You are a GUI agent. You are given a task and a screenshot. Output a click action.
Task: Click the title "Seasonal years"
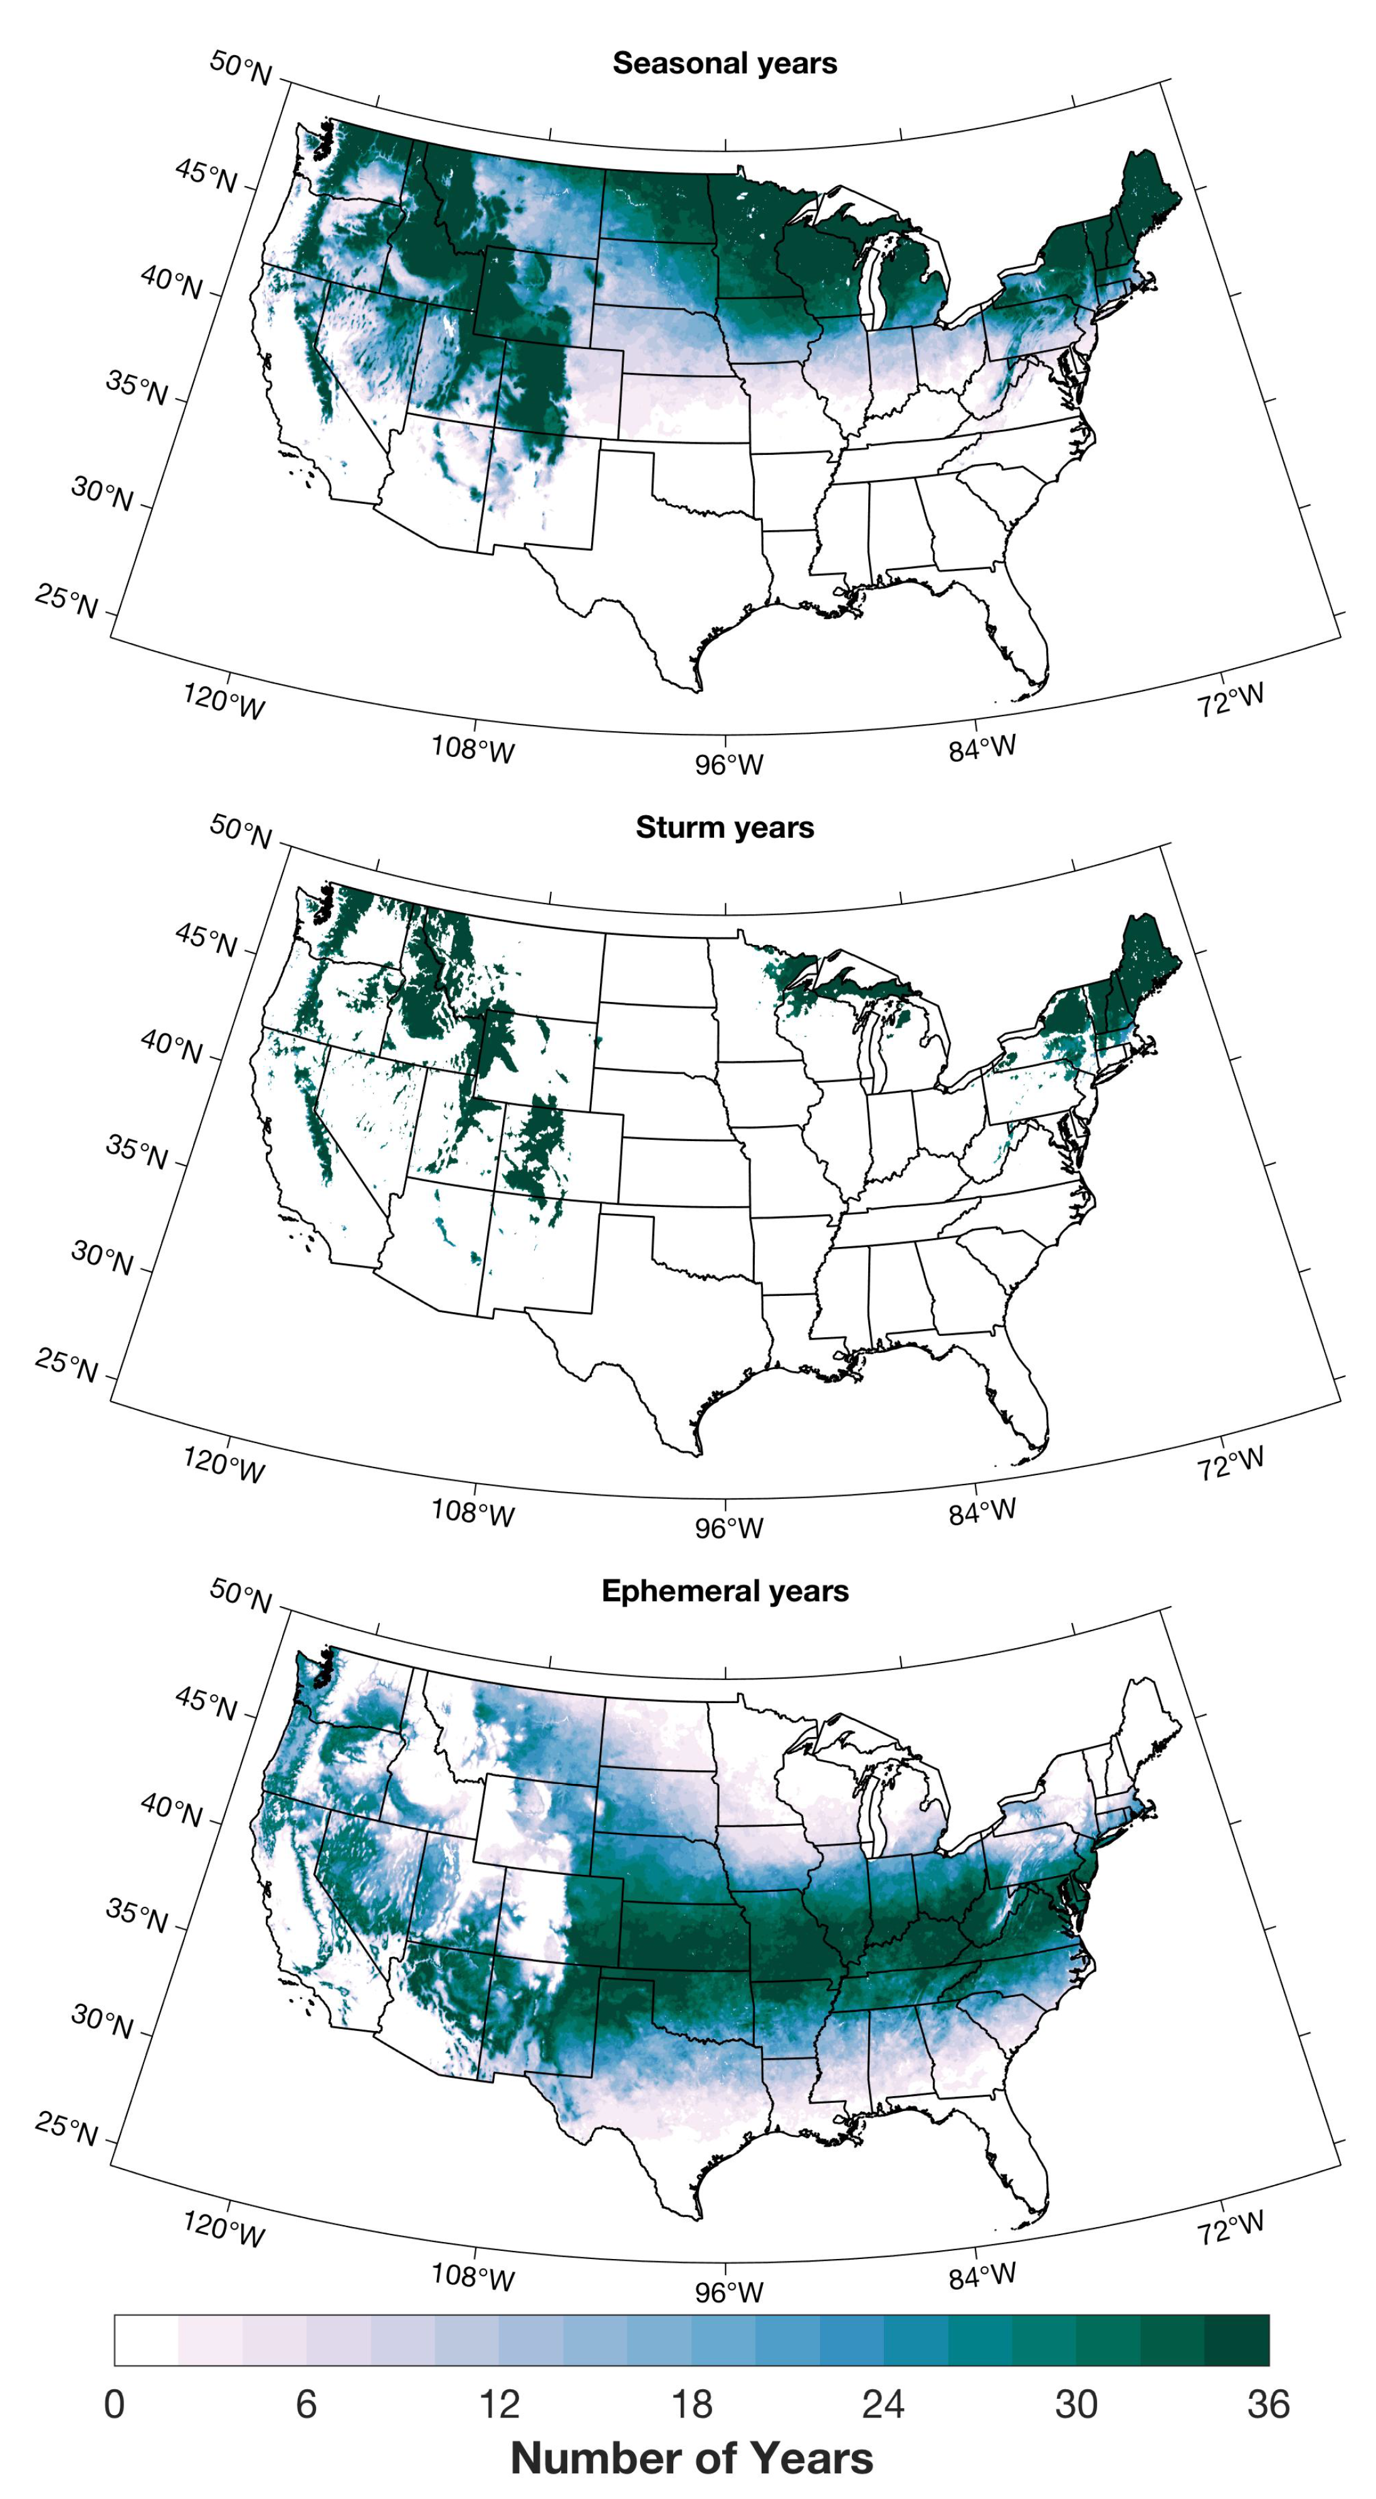click(x=724, y=63)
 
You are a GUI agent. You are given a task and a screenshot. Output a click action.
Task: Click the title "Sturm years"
click(x=724, y=828)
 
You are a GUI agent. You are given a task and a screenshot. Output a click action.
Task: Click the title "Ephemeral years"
click(x=724, y=1591)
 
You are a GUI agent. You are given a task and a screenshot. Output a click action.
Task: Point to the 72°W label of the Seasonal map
click(x=1231, y=699)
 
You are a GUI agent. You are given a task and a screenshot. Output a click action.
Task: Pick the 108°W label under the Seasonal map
click(x=473, y=749)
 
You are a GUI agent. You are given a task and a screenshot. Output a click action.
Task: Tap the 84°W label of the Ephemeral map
click(x=982, y=2276)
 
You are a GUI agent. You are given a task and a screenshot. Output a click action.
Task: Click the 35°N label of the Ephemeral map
click(x=137, y=1917)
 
